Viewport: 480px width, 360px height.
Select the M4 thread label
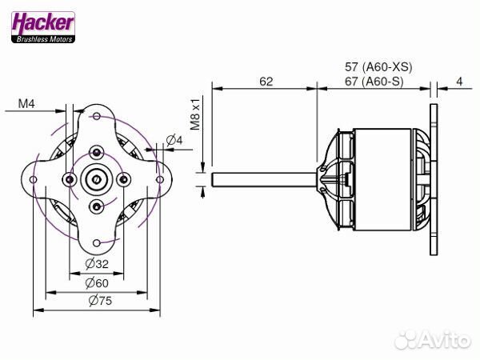[x=27, y=103]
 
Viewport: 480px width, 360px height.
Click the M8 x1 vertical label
[x=194, y=112]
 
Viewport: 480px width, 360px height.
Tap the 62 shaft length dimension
[x=266, y=82]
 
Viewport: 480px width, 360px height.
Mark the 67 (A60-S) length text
[x=374, y=82]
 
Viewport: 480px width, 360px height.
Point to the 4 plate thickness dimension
[x=460, y=82]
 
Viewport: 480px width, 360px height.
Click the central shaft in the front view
[x=97, y=178]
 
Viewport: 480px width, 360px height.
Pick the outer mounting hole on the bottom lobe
[x=97, y=241]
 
